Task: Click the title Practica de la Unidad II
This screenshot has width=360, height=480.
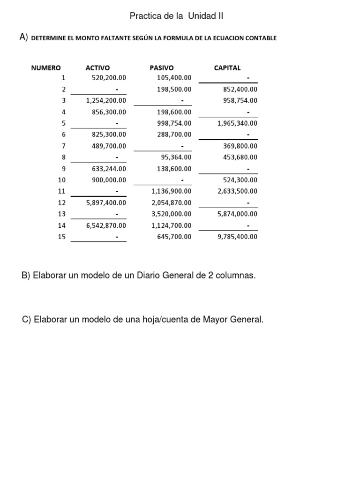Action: (176, 16)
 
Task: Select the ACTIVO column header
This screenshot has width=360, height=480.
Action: (97, 68)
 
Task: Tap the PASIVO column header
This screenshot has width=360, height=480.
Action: (161, 68)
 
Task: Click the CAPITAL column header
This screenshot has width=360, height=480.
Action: (227, 68)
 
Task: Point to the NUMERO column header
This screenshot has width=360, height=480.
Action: (46, 68)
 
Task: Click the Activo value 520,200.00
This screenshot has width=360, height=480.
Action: (106, 78)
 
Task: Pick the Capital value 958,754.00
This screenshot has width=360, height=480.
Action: (240, 100)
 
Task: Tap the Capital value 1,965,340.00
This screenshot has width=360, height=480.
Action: (237, 123)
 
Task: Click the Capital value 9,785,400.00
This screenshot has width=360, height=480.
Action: (237, 237)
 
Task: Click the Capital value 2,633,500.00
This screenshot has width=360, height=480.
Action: (237, 191)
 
